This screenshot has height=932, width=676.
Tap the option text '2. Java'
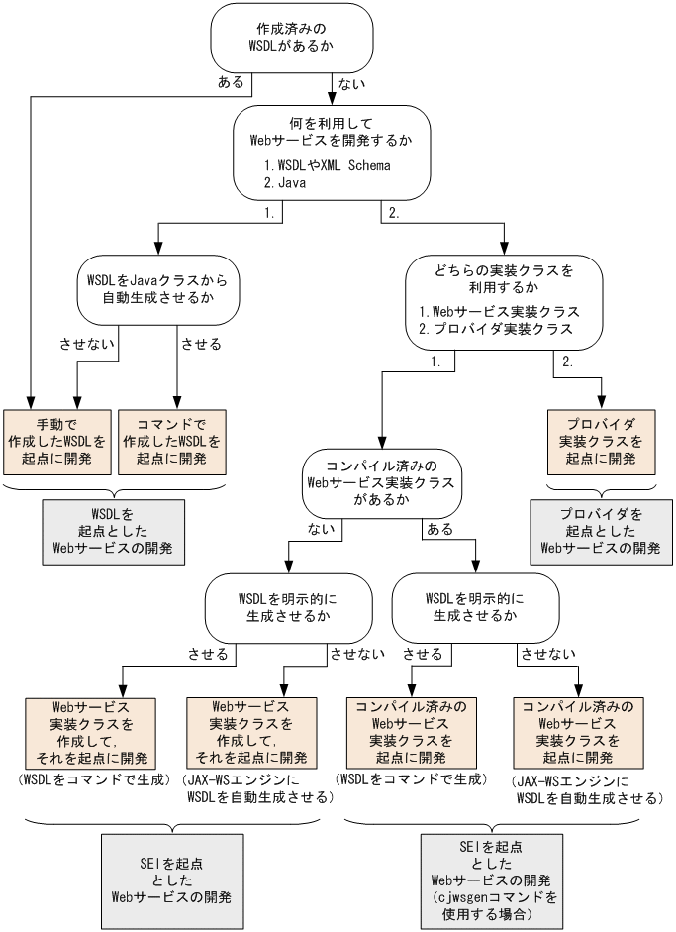point(283,183)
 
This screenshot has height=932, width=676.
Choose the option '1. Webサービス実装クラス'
point(498,310)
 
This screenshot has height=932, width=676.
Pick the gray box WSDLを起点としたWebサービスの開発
point(112,533)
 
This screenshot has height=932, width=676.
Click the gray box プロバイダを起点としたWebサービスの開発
point(602,533)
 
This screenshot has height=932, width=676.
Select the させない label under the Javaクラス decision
point(88,345)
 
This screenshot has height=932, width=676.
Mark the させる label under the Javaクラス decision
point(201,345)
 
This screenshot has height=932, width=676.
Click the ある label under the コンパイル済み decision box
point(438,529)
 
